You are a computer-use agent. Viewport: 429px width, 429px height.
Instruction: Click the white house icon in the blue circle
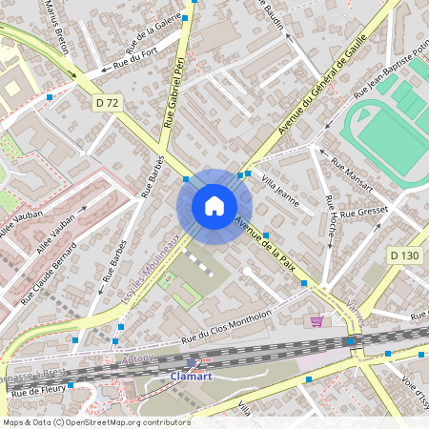click(214, 206)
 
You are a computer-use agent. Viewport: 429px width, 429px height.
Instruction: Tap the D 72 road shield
click(108, 101)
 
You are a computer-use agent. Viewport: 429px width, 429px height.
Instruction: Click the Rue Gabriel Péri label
click(174, 92)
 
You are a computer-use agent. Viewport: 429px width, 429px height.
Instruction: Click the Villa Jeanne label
click(280, 189)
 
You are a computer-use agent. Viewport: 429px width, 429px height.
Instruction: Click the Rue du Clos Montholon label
click(227, 324)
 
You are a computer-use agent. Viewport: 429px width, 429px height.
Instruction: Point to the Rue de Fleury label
click(37, 391)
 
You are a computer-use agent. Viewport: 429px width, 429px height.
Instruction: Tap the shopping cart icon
click(316, 321)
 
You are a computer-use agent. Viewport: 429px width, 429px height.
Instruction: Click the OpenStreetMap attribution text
click(95, 421)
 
